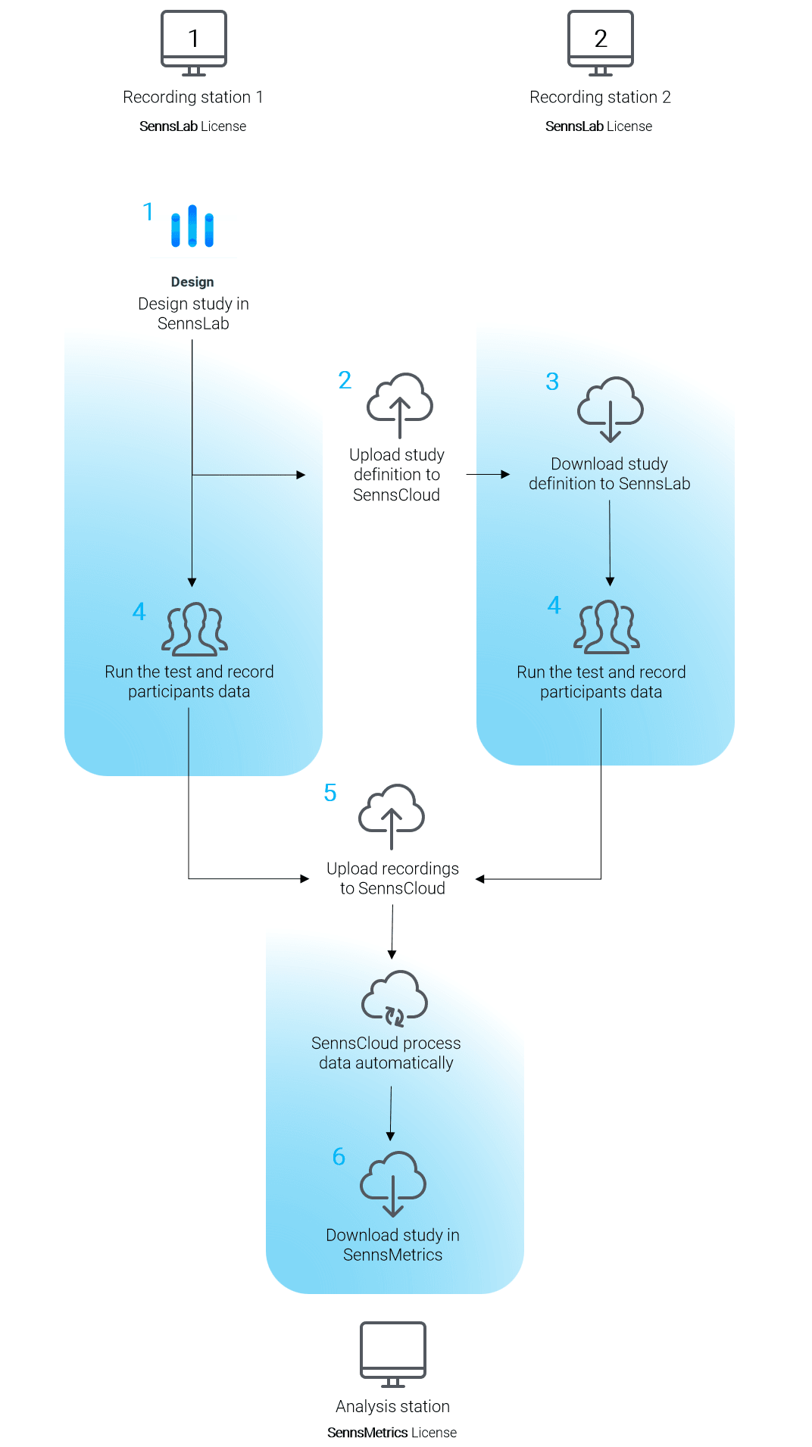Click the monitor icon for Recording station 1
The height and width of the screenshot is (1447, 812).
pyautogui.click(x=194, y=43)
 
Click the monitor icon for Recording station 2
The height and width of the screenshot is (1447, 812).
pyautogui.click(x=601, y=43)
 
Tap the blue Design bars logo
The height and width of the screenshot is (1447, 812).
pyautogui.click(x=192, y=226)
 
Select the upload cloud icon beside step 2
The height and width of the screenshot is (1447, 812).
pyautogui.click(x=400, y=405)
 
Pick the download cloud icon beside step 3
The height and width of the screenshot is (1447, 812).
pyautogui.click(x=611, y=409)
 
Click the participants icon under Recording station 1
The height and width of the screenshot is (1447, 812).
pyautogui.click(x=195, y=629)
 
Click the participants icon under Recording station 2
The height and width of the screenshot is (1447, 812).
pyautogui.click(x=607, y=627)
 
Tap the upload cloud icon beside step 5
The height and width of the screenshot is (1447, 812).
pyautogui.click(x=392, y=817)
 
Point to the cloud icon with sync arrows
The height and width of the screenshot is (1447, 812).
pyautogui.click(x=395, y=999)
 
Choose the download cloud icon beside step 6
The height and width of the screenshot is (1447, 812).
pyautogui.click(x=393, y=1184)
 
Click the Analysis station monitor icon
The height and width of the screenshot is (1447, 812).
pyautogui.click(x=393, y=1355)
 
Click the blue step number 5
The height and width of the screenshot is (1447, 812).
pyautogui.click(x=330, y=793)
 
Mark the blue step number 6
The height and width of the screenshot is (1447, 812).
pyautogui.click(x=339, y=1156)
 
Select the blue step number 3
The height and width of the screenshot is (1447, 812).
pyautogui.click(x=552, y=382)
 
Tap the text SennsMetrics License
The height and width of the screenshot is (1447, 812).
pyautogui.click(x=392, y=1433)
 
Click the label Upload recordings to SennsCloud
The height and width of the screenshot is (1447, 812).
pyautogui.click(x=392, y=878)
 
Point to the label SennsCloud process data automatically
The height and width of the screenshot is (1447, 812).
pyautogui.click(x=386, y=1053)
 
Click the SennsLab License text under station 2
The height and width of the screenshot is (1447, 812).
pyautogui.click(x=599, y=126)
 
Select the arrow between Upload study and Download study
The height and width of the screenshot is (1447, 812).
pyautogui.click(x=488, y=475)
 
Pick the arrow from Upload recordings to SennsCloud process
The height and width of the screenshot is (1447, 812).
pyautogui.click(x=392, y=932)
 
